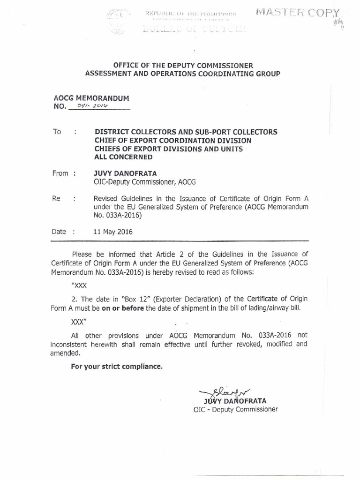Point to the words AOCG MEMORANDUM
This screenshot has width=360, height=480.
[91, 98]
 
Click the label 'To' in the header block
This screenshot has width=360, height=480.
[57, 132]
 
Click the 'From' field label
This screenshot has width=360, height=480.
[61, 173]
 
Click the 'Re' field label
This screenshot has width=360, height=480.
[56, 198]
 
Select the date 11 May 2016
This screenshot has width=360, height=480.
[113, 232]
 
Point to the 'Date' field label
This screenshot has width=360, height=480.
[60, 232]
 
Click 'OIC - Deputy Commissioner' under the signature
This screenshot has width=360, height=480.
[235, 409]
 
